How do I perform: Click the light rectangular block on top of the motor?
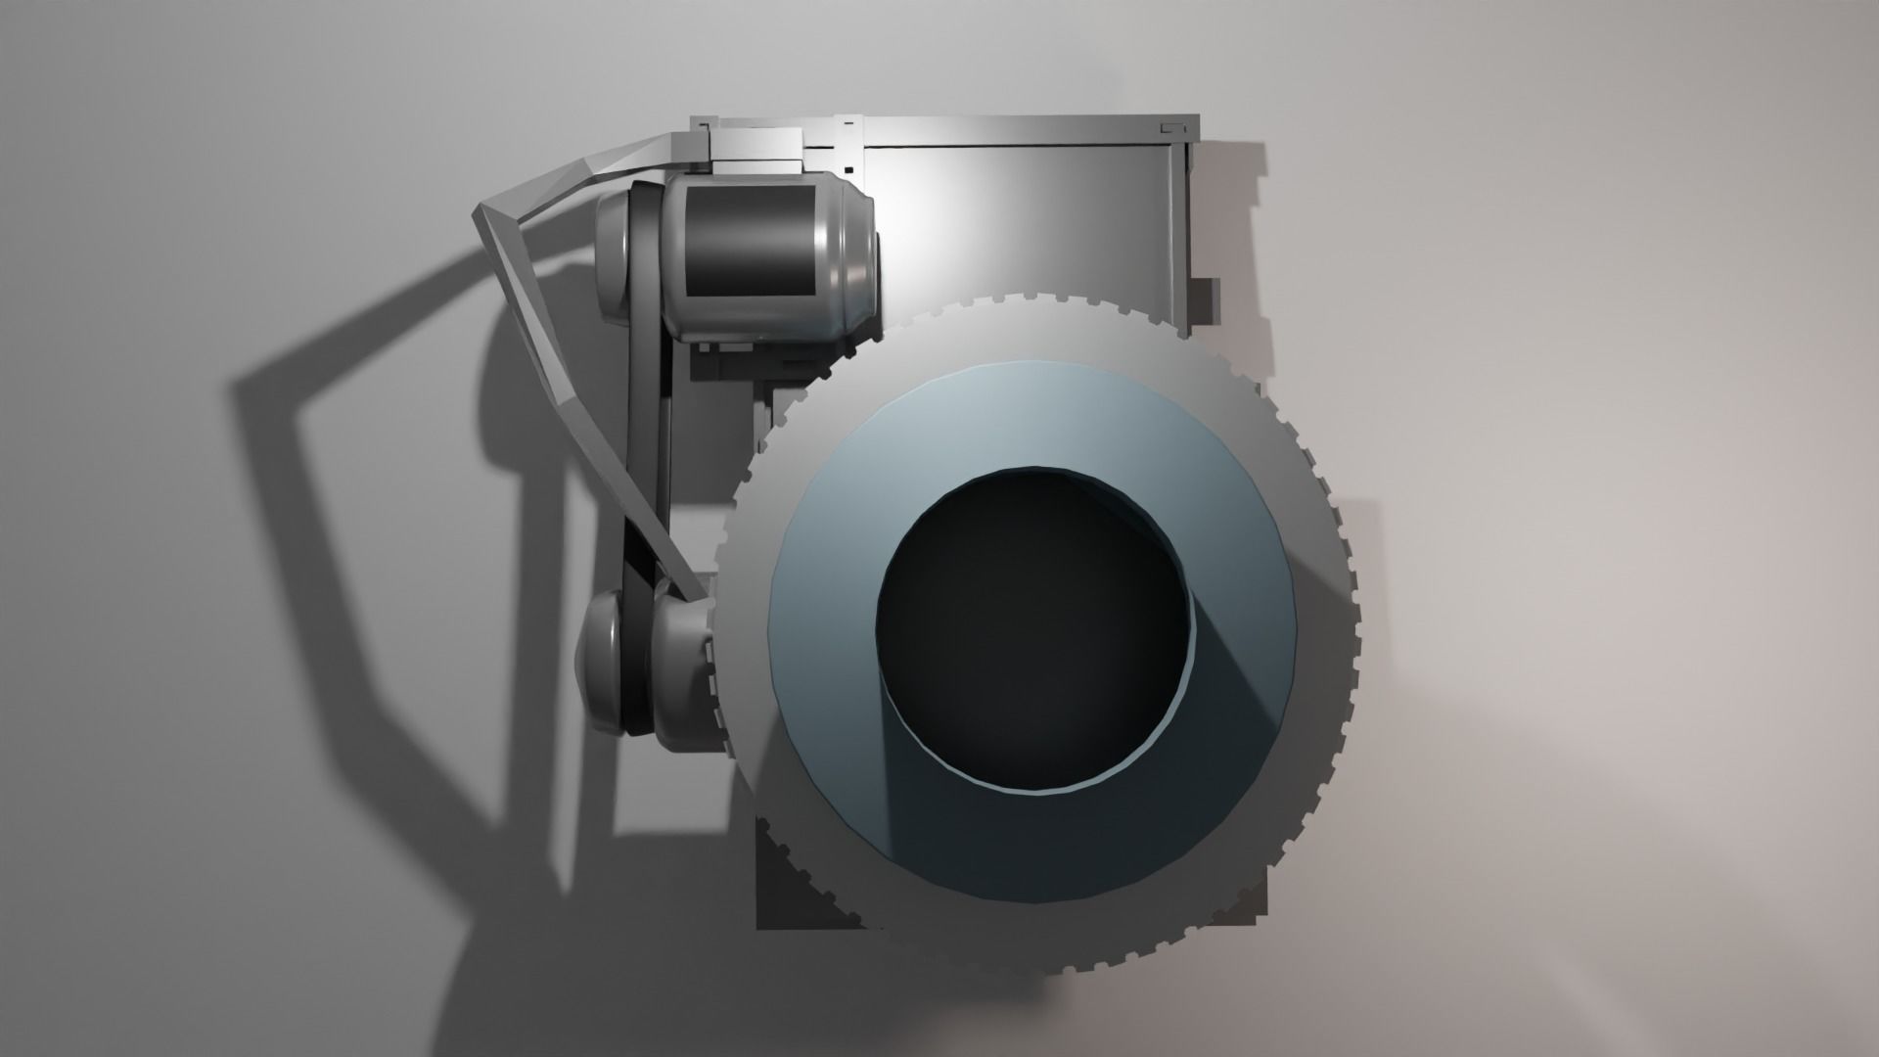tap(754, 148)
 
